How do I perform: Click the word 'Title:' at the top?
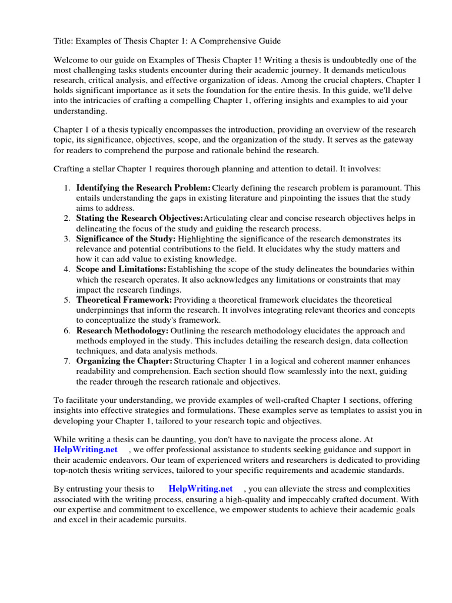tap(63, 41)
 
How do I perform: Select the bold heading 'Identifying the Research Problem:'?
tap(144, 188)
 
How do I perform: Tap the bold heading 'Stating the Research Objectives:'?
tap(139, 218)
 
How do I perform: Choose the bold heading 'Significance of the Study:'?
tap(126, 238)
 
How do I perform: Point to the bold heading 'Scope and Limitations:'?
tap(121, 269)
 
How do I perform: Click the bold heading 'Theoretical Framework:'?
tap(124, 300)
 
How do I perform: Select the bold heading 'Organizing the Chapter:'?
tap(124, 360)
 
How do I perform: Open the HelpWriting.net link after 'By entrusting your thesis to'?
tap(201, 489)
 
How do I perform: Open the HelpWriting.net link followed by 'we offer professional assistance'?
tap(85, 449)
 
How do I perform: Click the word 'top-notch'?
tap(72, 470)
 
